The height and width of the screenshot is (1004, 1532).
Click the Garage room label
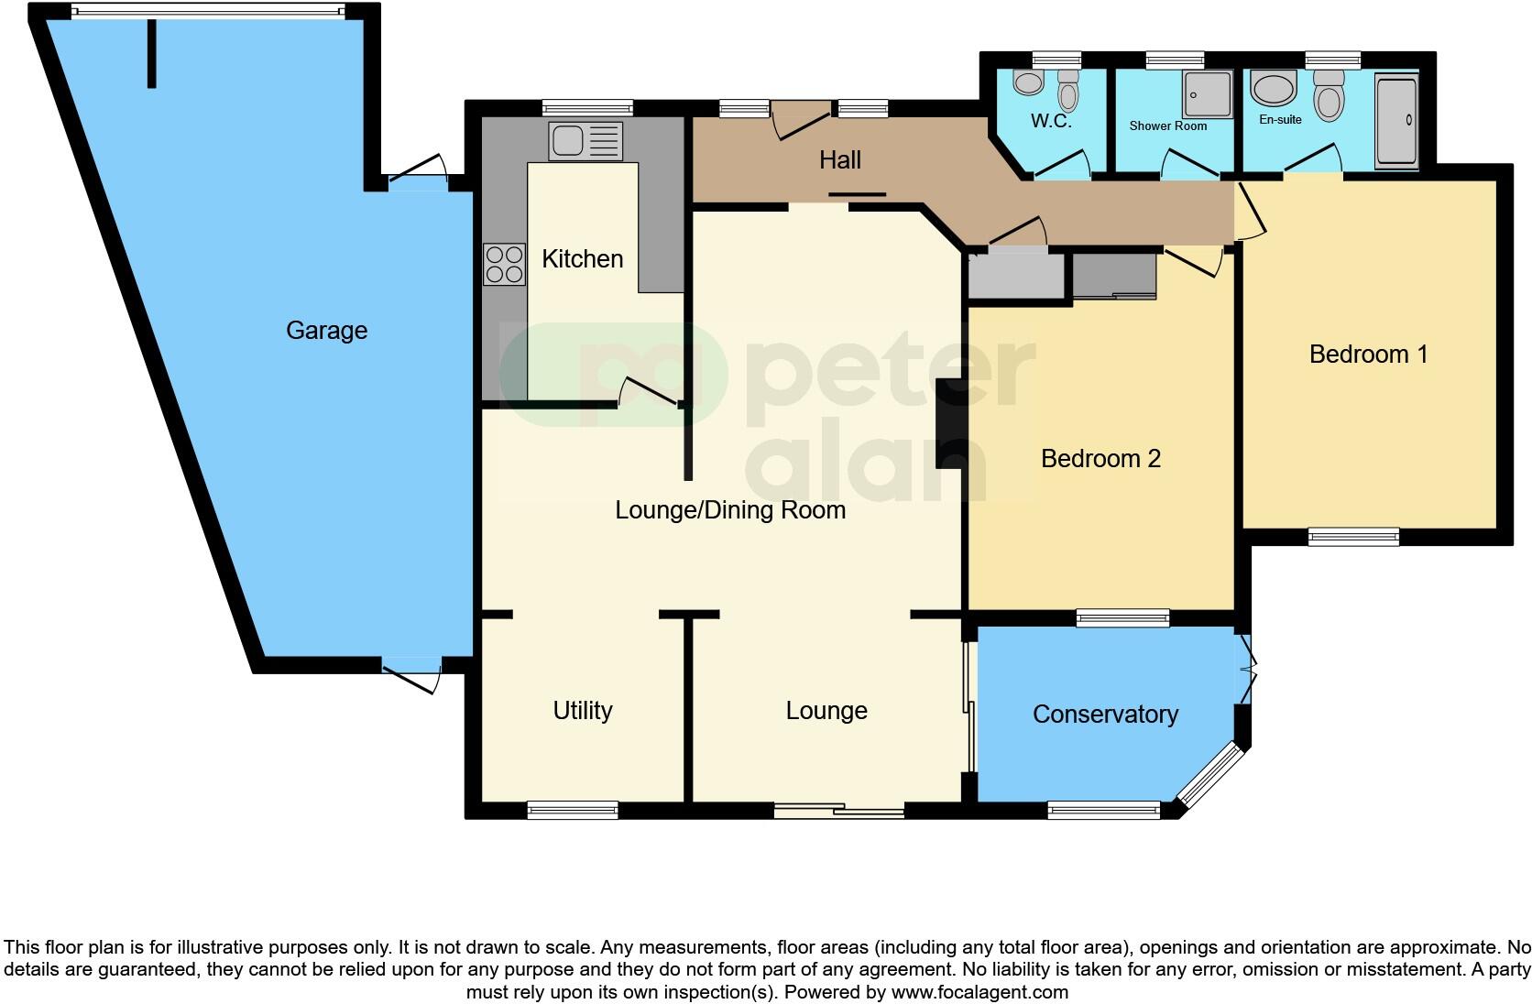point(326,330)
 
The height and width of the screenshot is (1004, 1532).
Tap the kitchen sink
point(585,141)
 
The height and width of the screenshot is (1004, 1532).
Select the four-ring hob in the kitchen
point(505,264)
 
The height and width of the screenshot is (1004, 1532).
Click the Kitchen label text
point(582,258)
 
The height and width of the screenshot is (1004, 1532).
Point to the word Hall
point(839,160)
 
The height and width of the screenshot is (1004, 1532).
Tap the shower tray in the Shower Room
point(1208,94)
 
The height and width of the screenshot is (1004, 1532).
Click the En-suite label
point(1280,119)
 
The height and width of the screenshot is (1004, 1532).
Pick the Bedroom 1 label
point(1368,354)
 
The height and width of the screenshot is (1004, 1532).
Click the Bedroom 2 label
point(1100,458)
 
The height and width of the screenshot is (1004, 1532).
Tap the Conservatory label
point(1105,715)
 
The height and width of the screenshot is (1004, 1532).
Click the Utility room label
point(582,710)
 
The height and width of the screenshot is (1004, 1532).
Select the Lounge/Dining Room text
point(730,510)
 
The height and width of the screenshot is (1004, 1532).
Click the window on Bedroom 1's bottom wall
point(1353,537)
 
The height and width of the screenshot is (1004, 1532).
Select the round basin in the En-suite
point(1273,90)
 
